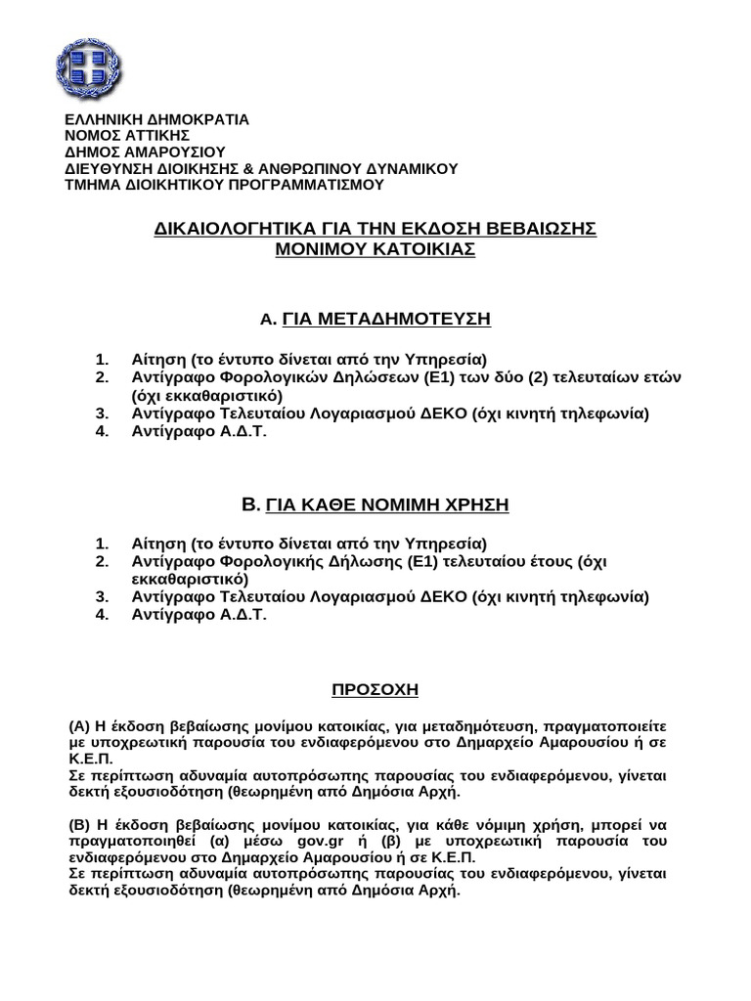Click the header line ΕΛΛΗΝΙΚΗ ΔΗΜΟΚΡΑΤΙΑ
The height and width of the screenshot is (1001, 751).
coord(156,119)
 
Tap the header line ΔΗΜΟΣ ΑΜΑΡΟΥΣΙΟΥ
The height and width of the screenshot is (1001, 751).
coord(144,152)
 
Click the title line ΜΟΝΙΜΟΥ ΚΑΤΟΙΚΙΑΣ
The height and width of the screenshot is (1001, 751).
coord(375,249)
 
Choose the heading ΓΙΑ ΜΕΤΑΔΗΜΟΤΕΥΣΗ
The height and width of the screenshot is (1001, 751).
coord(386,319)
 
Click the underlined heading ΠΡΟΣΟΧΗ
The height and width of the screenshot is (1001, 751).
coord(375,690)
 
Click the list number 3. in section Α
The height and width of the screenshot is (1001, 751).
coord(102,413)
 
